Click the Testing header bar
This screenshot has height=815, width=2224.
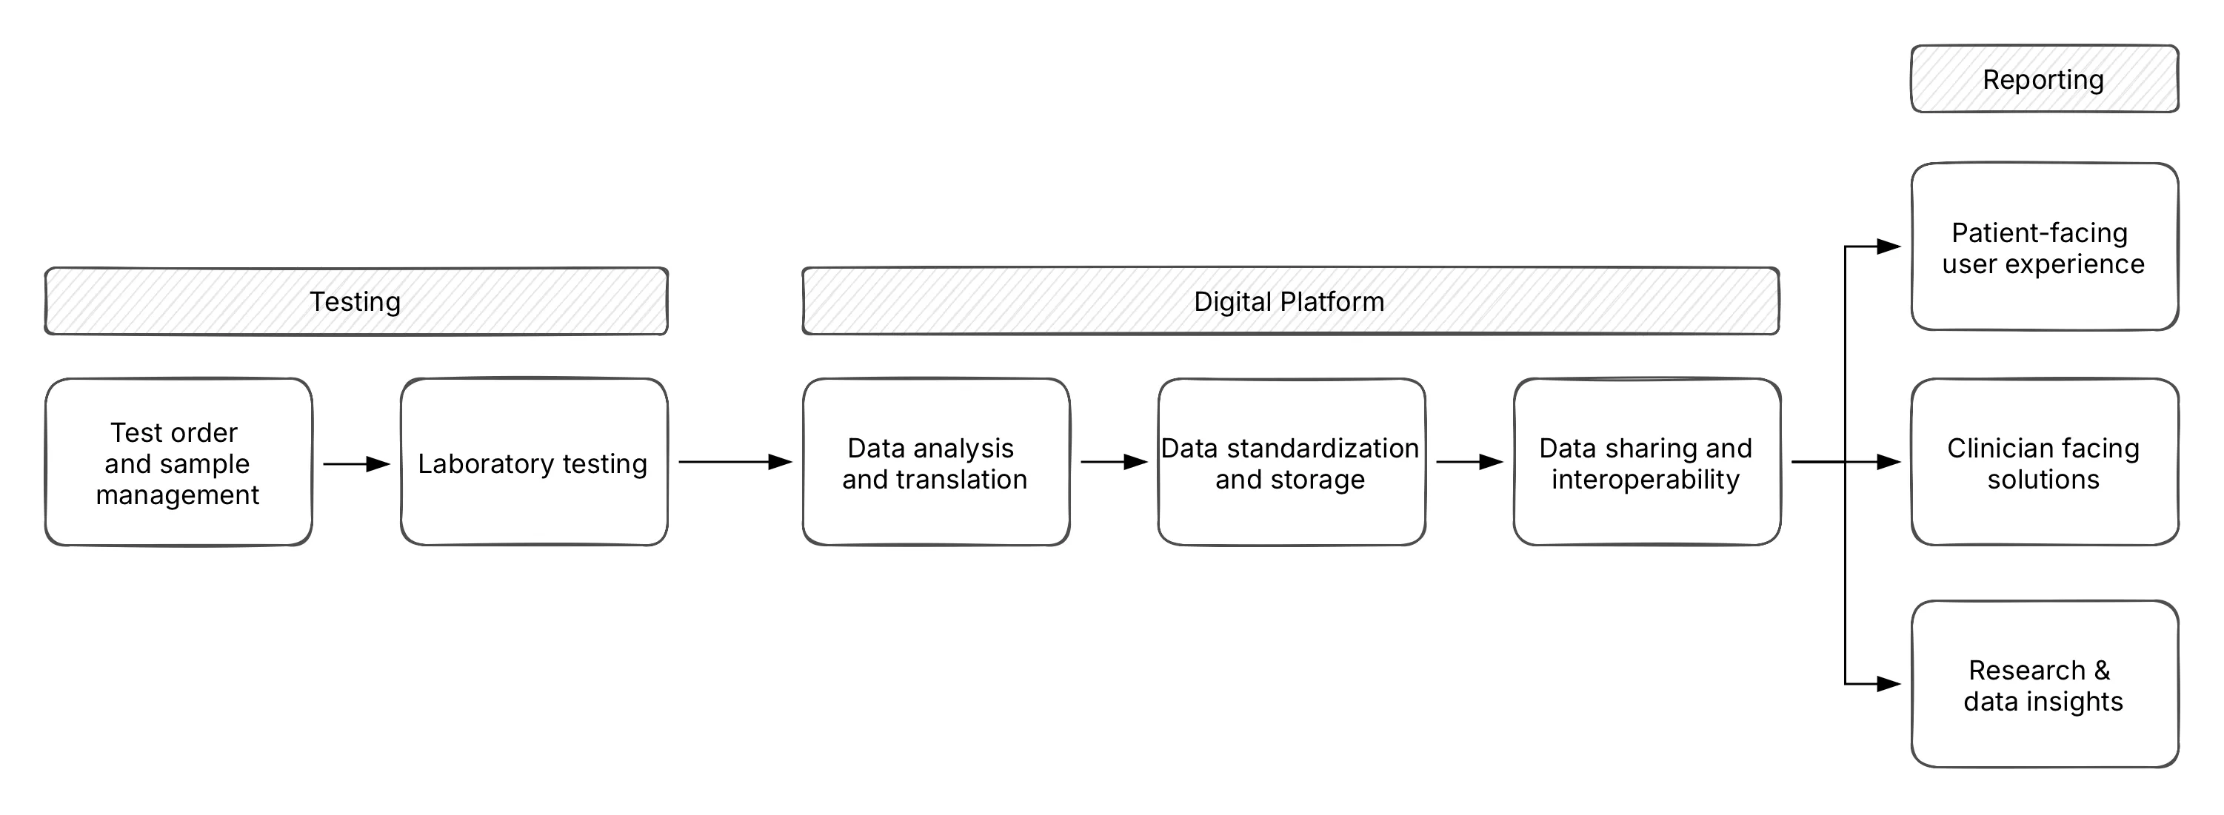coord(355,301)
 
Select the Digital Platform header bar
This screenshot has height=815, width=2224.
coord(1290,301)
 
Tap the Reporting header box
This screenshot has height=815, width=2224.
coord(2043,79)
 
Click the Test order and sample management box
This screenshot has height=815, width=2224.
coord(178,463)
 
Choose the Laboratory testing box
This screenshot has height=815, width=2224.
coord(533,463)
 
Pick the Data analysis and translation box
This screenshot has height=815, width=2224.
coord(936,463)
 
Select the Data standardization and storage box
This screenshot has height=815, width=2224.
coord(1291,463)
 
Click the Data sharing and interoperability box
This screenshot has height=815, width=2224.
coord(1646,463)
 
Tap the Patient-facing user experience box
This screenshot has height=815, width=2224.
coord(2043,248)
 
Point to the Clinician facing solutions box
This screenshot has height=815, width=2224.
coord(2043,463)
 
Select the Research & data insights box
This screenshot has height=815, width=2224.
coord(2043,685)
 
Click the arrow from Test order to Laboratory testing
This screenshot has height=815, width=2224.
coord(355,464)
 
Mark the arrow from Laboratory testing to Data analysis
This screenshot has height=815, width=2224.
coord(735,462)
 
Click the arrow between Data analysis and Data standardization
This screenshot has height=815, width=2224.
coord(1114,462)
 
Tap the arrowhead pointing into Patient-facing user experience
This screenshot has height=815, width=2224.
coord(1889,247)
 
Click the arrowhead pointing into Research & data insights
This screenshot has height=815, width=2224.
coord(1889,684)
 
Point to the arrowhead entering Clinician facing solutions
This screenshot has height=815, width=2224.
coord(1889,462)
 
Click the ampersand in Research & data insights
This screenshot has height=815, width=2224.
coord(2101,670)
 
